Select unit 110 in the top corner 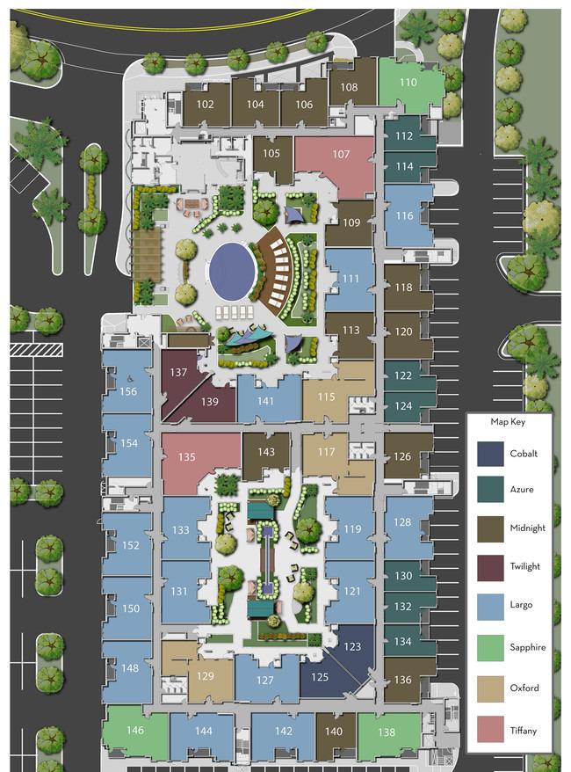[x=408, y=84]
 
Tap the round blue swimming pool [x=232, y=272]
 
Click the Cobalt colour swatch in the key [x=490, y=454]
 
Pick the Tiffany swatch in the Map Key [x=490, y=729]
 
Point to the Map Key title [x=508, y=422]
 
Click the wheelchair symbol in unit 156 [x=130, y=380]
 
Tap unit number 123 [x=352, y=646]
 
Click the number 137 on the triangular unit [x=178, y=372]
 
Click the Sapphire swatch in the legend [x=490, y=647]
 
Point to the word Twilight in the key [x=524, y=566]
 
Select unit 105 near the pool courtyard [x=272, y=157]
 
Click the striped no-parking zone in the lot [x=36, y=350]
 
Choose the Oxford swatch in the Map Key [x=490, y=688]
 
